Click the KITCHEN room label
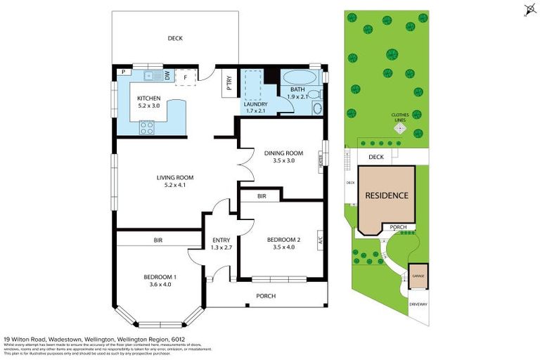pos(148,98)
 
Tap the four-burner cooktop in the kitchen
pos(147,127)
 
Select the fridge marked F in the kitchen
pos(186,77)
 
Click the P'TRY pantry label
pos(229,83)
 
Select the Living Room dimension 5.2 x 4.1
pos(174,186)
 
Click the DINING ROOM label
pos(283,153)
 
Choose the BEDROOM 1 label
pos(160,276)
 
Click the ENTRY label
pos(221,240)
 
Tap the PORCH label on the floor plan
pos(265,296)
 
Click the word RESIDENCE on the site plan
pos(385,195)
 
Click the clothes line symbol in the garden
pos(400,129)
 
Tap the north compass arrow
pos(529,9)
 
